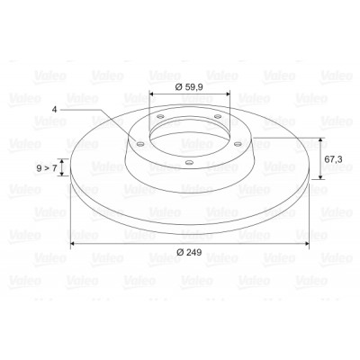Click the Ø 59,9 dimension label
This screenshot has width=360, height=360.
(189, 87)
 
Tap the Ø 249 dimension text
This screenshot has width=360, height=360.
(189, 252)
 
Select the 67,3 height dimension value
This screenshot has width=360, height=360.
(333, 159)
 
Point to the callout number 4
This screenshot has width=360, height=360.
(54, 110)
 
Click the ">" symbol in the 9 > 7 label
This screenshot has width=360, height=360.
(47, 168)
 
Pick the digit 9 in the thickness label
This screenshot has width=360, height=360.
(39, 168)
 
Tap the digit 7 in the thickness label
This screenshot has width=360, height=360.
(54, 168)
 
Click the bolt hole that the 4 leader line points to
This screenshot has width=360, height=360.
(139, 144)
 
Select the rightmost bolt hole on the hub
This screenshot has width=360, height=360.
(238, 144)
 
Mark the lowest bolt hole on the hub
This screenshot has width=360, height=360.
(189, 163)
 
